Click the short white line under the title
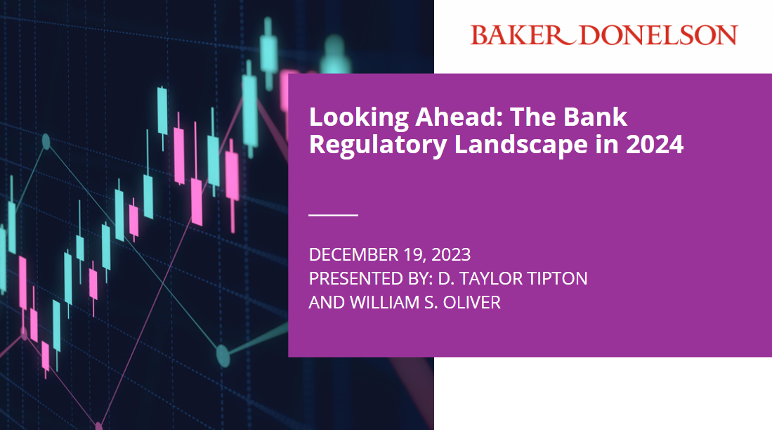click(x=333, y=214)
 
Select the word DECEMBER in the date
click(x=349, y=254)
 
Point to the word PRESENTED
click(x=351, y=278)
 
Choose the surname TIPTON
click(x=556, y=278)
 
